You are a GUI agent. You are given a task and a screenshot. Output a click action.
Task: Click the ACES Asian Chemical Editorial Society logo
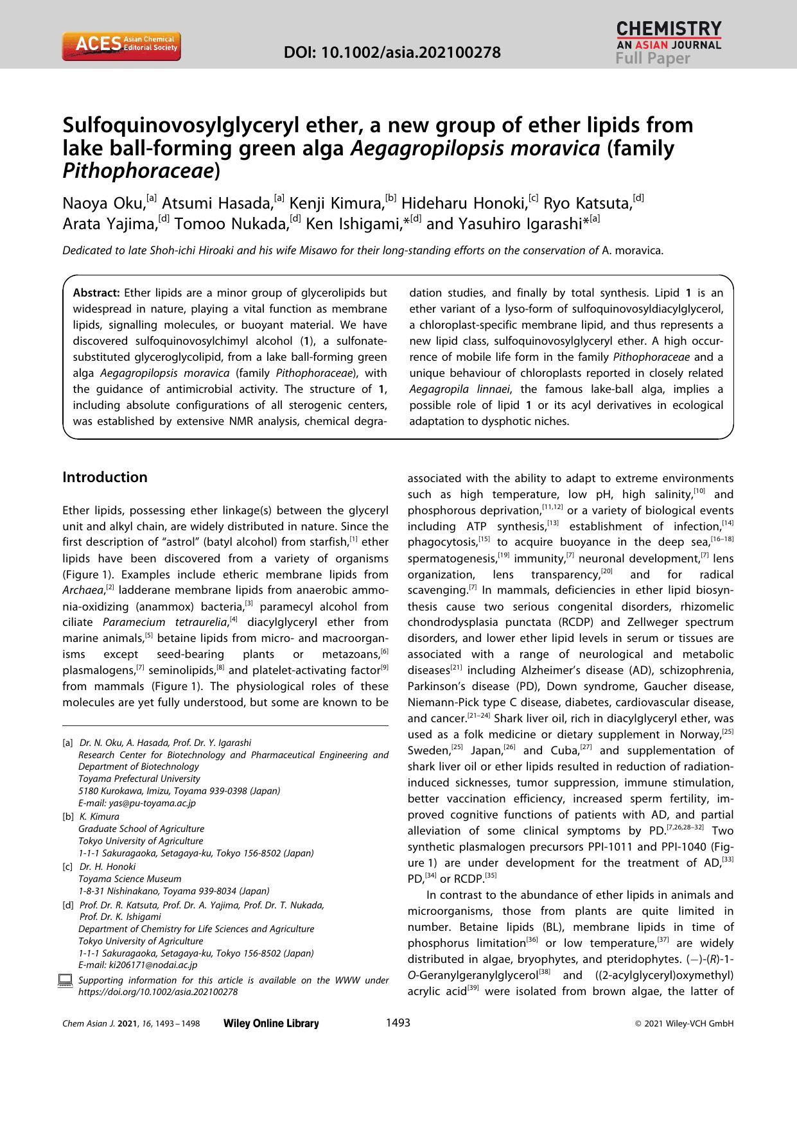click(x=121, y=47)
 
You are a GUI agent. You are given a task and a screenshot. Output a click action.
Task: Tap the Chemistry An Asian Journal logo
click(x=669, y=36)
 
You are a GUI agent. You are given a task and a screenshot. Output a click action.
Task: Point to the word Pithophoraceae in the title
click(x=137, y=171)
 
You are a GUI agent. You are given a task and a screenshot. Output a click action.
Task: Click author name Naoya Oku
click(x=103, y=204)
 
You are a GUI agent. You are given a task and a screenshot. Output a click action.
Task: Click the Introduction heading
click(x=105, y=477)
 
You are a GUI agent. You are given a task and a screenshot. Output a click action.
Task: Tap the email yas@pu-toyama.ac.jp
click(x=137, y=803)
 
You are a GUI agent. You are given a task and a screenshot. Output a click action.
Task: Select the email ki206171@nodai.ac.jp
click(x=137, y=965)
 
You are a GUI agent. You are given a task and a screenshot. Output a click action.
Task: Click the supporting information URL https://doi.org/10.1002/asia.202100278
click(x=157, y=992)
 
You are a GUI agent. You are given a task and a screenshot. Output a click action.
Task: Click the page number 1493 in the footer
click(x=398, y=1023)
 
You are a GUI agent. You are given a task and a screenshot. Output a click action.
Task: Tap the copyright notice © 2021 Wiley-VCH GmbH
click(x=683, y=1024)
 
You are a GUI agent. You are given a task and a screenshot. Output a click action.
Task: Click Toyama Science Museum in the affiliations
click(x=130, y=879)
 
